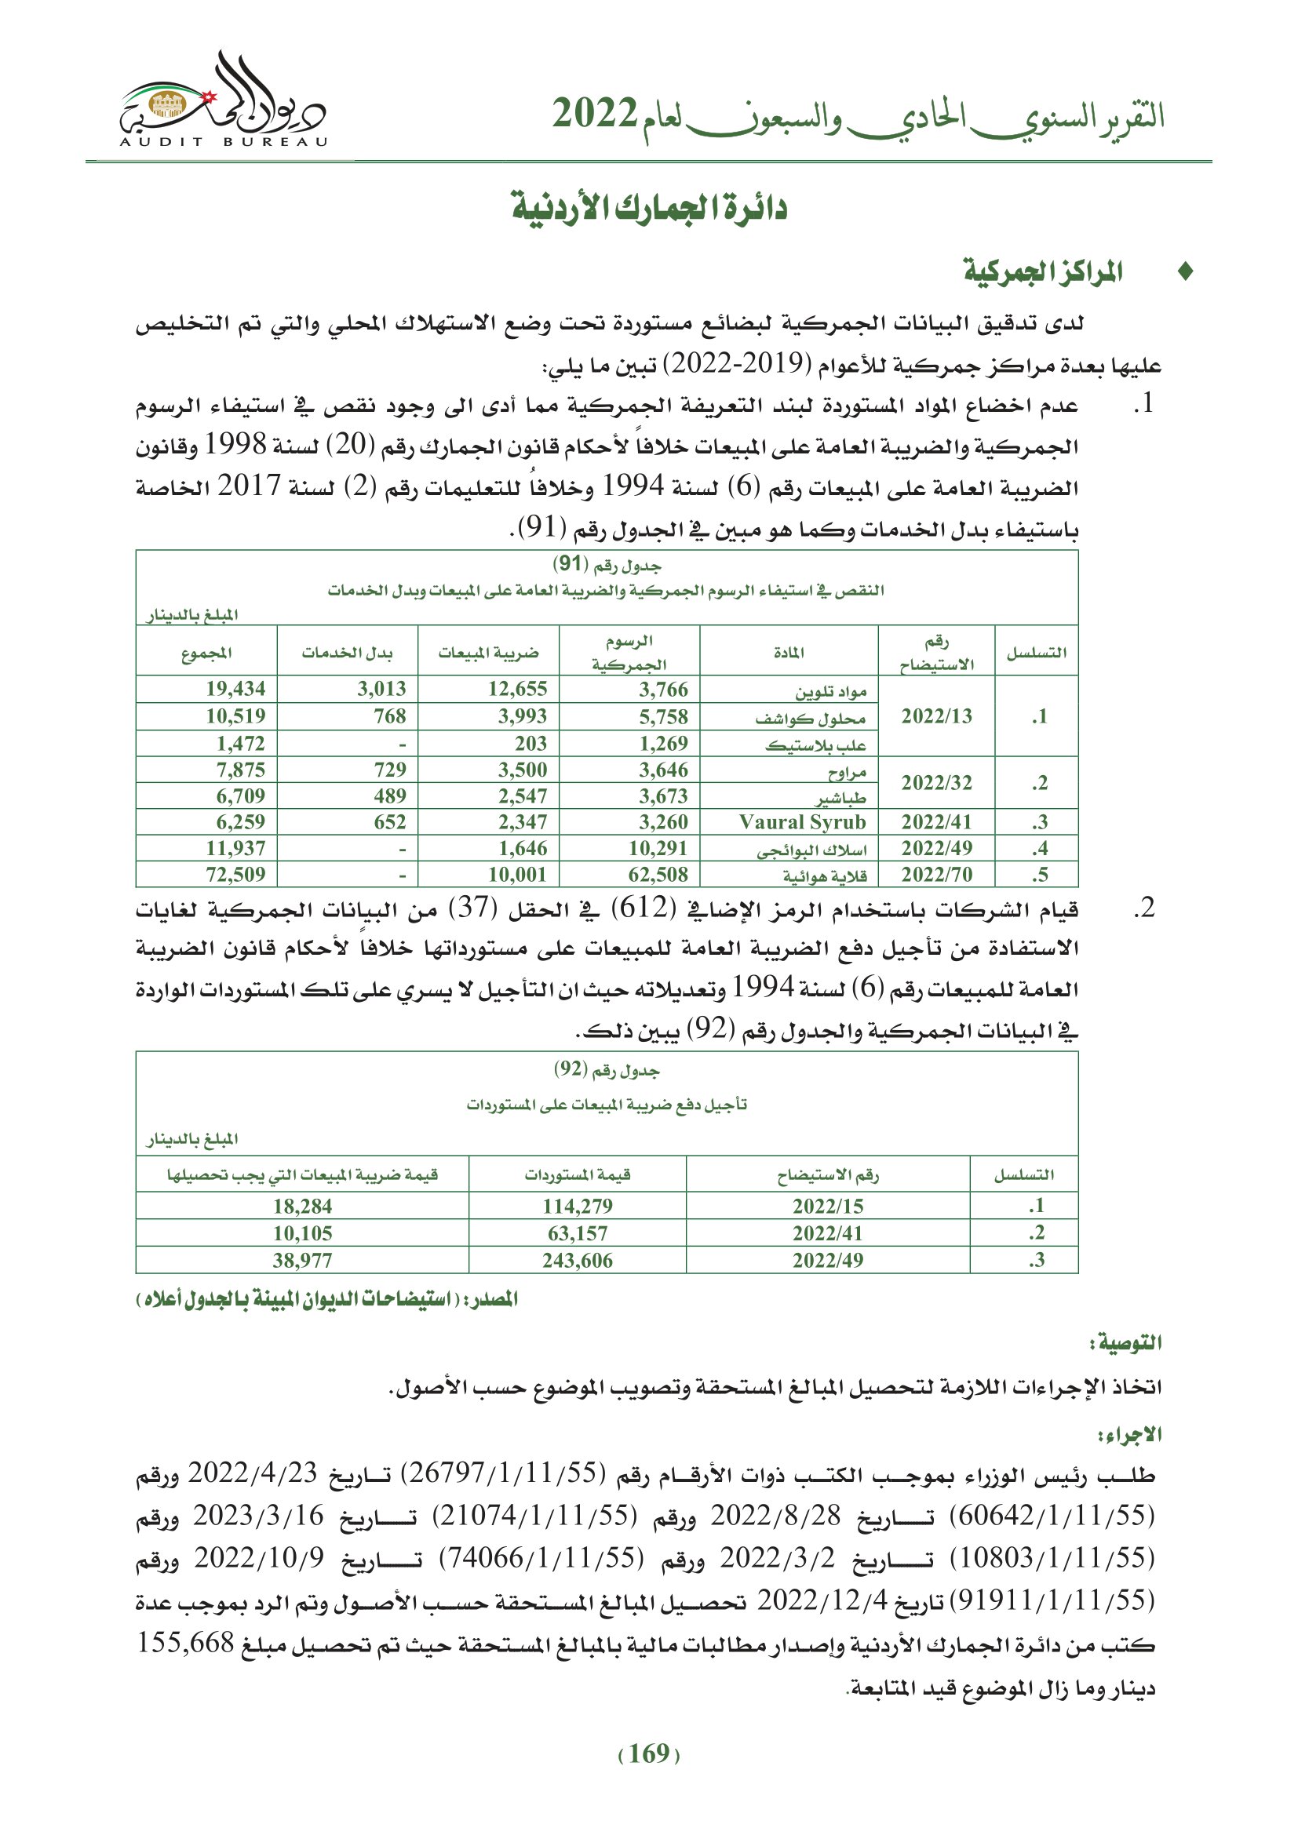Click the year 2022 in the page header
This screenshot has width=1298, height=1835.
[594, 115]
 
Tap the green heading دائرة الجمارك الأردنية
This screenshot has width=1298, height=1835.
[649, 209]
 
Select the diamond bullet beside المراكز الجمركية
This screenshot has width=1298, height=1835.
[1185, 272]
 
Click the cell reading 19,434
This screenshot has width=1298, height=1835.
[235, 689]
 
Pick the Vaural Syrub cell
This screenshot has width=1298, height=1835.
[802, 821]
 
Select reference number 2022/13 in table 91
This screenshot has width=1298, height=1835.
[936, 716]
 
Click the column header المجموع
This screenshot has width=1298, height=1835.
[206, 653]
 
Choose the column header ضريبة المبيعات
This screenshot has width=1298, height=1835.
[488, 653]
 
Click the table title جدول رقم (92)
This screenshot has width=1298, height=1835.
[607, 1069]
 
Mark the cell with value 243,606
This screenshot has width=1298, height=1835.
[577, 1261]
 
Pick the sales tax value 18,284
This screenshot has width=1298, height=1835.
[302, 1206]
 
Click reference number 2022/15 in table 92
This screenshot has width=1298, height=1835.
[827, 1206]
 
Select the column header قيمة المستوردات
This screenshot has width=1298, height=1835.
[577, 1174]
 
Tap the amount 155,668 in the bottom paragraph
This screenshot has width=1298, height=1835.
[185, 1644]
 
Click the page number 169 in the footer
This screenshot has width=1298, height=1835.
[649, 1753]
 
